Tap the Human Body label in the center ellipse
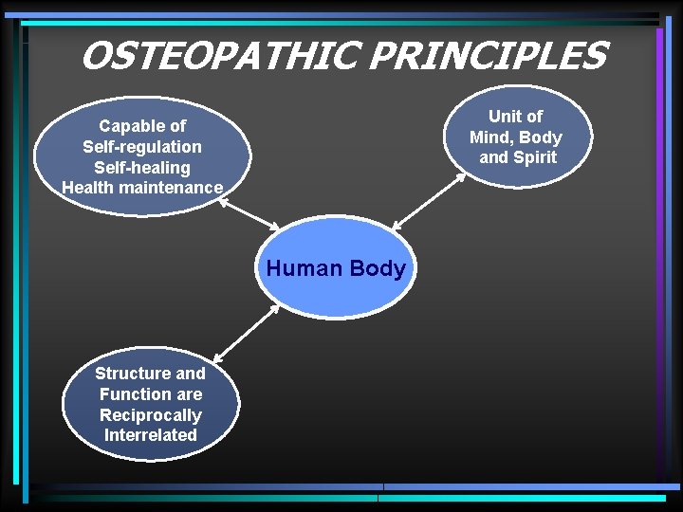pyautogui.click(x=336, y=268)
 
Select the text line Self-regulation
pyautogui.click(x=142, y=146)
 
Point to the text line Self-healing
pyautogui.click(x=142, y=167)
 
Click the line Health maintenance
pyautogui.click(x=142, y=188)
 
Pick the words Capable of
pyautogui.click(x=142, y=125)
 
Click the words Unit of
pyautogui.click(x=515, y=116)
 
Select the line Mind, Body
pyautogui.click(x=515, y=137)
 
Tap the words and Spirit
pyautogui.click(x=517, y=157)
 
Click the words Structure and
pyautogui.click(x=150, y=373)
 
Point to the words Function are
pyautogui.click(x=150, y=393)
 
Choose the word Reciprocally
pyautogui.click(x=150, y=414)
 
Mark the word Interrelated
pyautogui.click(x=150, y=435)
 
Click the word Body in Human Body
pyautogui.click(x=378, y=268)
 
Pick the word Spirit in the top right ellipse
pyautogui.click(x=534, y=157)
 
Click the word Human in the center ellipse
pyautogui.click(x=305, y=268)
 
